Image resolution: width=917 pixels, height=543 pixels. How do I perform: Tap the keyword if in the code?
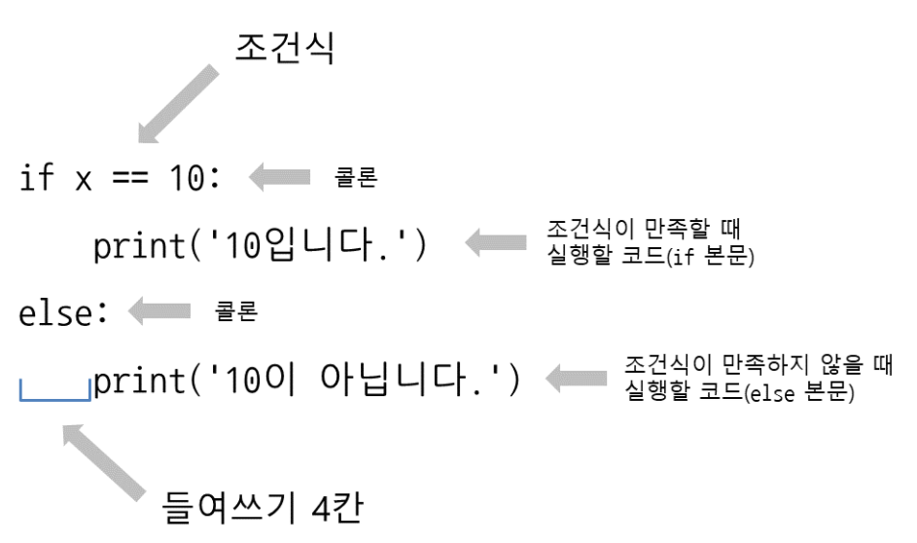[x=37, y=179]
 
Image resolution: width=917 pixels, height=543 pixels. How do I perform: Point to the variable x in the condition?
[x=84, y=181]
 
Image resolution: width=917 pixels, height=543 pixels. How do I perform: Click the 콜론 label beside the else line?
[x=236, y=313]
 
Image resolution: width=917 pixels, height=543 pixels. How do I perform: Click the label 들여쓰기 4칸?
[x=264, y=509]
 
